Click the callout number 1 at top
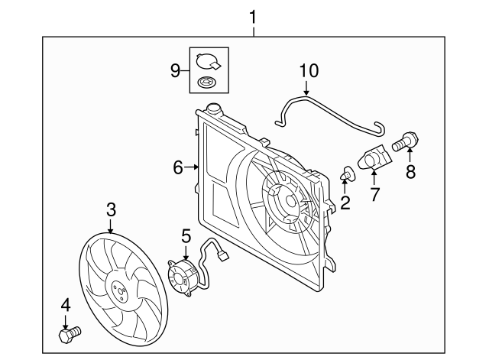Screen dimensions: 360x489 click(254, 15)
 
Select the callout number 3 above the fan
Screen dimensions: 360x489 click(111, 209)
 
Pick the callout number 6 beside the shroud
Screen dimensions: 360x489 click(177, 167)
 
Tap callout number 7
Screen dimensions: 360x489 click(374, 194)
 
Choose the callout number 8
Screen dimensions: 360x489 click(410, 171)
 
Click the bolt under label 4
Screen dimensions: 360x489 click(68, 335)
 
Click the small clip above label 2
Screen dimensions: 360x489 click(347, 177)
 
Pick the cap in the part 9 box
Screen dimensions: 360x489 click(207, 60)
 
